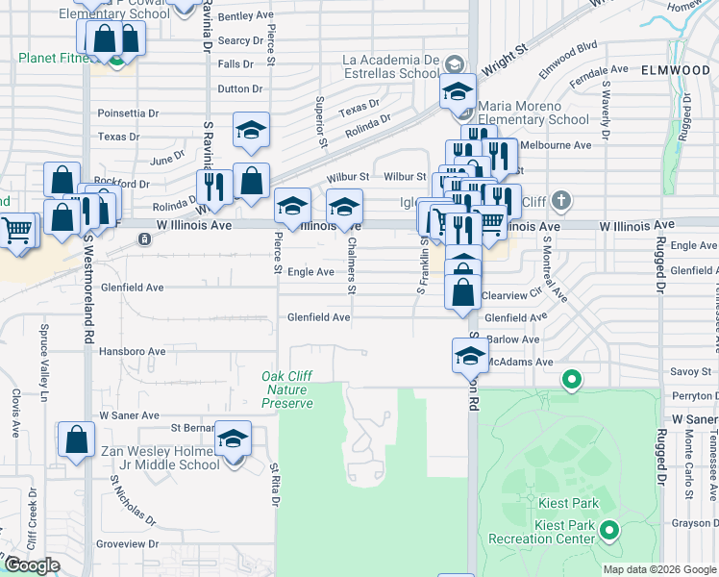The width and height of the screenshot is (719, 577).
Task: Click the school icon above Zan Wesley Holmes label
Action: click(x=232, y=440)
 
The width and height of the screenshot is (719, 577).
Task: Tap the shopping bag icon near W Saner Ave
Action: click(x=76, y=440)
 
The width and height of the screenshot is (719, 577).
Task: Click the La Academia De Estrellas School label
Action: click(x=392, y=65)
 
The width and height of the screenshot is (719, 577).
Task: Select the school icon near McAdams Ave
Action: click(x=468, y=356)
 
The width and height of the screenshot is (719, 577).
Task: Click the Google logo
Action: click(x=32, y=565)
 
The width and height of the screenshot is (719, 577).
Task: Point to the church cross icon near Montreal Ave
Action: click(x=562, y=202)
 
